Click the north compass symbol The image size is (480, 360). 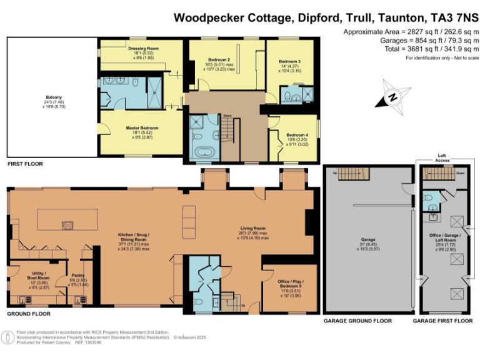(392, 97)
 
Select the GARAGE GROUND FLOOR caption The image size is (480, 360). (357, 321)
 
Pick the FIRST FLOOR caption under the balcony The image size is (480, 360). (25, 164)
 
